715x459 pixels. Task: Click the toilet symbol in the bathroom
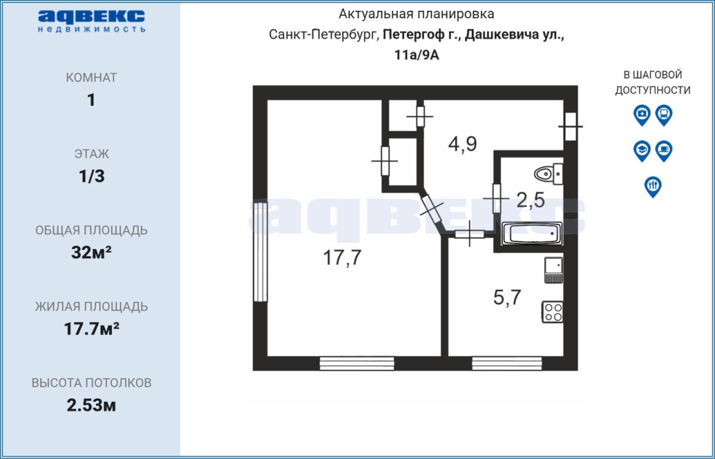pos(549,174)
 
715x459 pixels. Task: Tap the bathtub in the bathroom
pos(532,233)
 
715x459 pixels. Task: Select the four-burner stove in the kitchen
pos(552,312)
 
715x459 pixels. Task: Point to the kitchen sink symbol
pos(554,270)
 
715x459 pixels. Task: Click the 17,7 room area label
pos(342,257)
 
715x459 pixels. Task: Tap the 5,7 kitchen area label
pos(507,297)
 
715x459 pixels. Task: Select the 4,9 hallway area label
pos(463,144)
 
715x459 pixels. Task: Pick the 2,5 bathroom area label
pos(531,200)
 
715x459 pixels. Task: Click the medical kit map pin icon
pos(642,115)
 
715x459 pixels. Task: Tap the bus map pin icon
pos(664,115)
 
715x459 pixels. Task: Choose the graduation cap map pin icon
pos(642,151)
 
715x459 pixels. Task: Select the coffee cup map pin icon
pos(664,151)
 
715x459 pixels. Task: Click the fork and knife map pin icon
pos(653,187)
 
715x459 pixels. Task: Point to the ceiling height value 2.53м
pos(91,405)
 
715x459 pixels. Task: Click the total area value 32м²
pos(91,252)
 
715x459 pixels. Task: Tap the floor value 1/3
pos(92,176)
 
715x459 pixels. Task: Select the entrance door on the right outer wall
pos(570,126)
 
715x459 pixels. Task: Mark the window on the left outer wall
pos(260,252)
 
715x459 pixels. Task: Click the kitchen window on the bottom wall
pos(507,364)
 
